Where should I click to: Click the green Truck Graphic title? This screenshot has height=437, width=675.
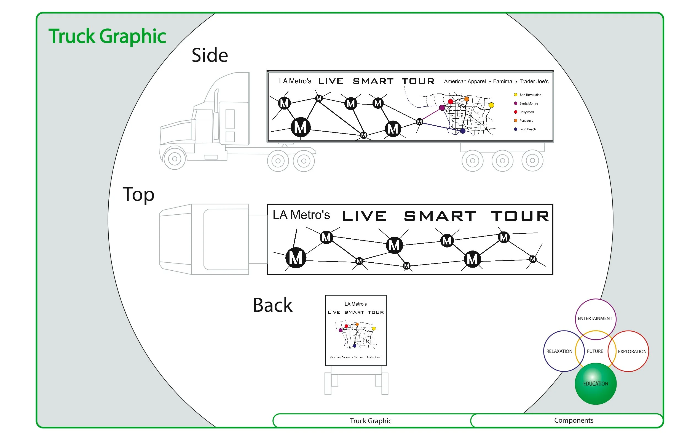coord(107,36)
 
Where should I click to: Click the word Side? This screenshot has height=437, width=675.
coord(210,55)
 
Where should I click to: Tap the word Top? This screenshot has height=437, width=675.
coord(138,195)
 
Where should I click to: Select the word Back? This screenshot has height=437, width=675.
coord(272,305)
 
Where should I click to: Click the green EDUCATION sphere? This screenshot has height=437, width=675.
coord(595,384)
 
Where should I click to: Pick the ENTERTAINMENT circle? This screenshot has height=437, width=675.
coord(595,318)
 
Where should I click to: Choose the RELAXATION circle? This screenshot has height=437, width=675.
coord(559,351)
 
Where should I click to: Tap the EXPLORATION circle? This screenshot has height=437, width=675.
coord(632,351)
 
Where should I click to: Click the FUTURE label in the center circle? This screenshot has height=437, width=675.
coord(595,351)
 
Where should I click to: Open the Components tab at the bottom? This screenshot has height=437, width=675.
coord(574,420)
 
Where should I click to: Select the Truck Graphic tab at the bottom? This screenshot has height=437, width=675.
coord(370,421)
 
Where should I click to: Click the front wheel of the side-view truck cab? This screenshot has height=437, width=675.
coord(175,159)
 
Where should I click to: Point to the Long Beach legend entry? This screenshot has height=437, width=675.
coord(527,129)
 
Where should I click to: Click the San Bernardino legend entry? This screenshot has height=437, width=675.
coord(530,95)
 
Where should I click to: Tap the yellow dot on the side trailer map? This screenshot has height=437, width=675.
coord(491,105)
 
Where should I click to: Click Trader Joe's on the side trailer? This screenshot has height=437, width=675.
coord(534,81)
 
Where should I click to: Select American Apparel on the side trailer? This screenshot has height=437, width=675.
coord(465,81)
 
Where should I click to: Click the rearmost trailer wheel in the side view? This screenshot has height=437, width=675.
coord(532,161)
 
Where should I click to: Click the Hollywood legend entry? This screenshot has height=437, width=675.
coord(526,112)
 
